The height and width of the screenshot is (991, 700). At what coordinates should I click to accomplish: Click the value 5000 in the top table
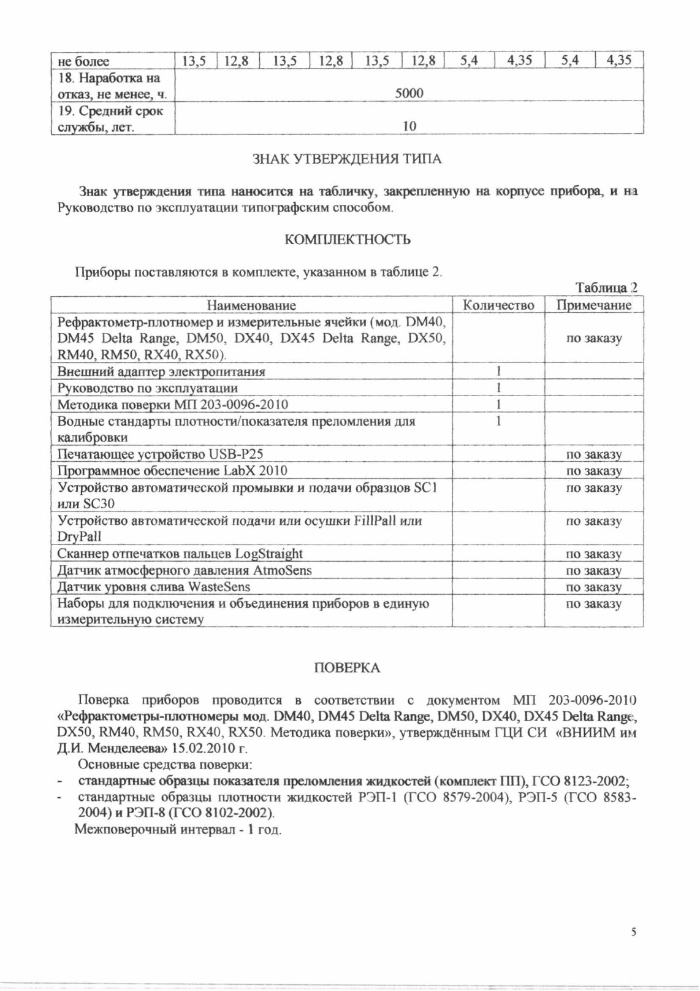[x=409, y=93]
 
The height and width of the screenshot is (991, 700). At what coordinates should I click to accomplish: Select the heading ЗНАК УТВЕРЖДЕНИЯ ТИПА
[x=347, y=159]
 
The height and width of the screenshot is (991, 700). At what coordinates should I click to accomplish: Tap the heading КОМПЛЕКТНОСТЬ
[x=348, y=239]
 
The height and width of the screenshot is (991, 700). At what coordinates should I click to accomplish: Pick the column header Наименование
[x=251, y=305]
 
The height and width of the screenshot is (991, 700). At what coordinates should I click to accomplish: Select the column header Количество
[x=498, y=305]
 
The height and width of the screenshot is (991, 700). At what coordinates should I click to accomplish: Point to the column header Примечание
[x=593, y=305]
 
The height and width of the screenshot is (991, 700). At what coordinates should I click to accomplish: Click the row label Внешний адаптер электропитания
[x=161, y=372]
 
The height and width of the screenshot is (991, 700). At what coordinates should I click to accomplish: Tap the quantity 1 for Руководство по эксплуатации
[x=499, y=388]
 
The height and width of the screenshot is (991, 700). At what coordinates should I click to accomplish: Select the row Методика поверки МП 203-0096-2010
[x=172, y=405]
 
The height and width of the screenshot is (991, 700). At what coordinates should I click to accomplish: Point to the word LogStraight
[x=268, y=554]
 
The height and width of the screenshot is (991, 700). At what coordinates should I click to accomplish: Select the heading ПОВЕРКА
[x=347, y=668]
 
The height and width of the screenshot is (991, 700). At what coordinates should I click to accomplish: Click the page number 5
[x=634, y=932]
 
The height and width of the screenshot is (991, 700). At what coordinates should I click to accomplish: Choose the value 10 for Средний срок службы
[x=409, y=126]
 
